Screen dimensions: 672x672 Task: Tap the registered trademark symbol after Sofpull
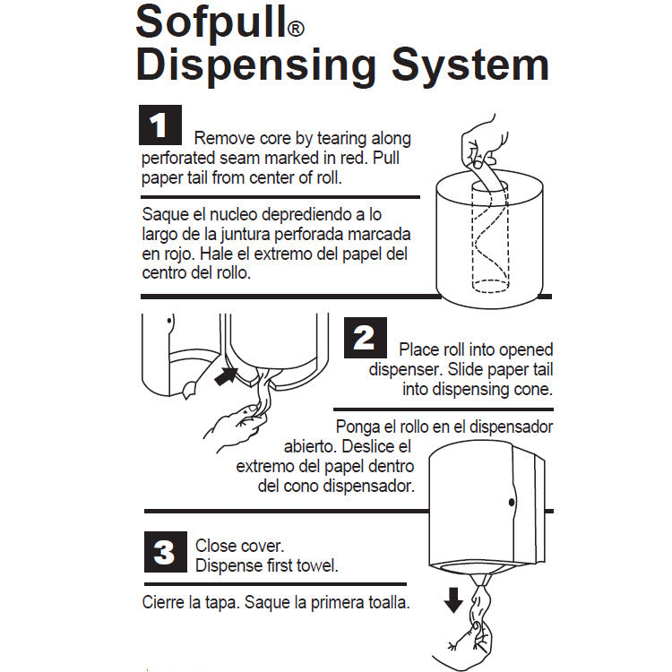(x=296, y=30)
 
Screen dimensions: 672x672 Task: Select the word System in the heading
(x=470, y=67)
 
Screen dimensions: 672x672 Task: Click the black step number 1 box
(x=160, y=125)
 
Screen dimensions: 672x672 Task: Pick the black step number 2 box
(x=366, y=338)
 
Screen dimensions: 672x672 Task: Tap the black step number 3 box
(x=166, y=552)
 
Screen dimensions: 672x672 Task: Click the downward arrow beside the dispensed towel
(x=453, y=600)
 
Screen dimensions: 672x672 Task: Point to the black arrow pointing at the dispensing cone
(x=227, y=375)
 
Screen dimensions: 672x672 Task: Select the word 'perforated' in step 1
(x=178, y=158)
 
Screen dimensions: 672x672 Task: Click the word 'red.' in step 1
(x=355, y=158)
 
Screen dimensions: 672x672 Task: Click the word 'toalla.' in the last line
(x=387, y=603)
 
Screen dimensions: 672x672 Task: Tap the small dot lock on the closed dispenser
(x=512, y=502)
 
